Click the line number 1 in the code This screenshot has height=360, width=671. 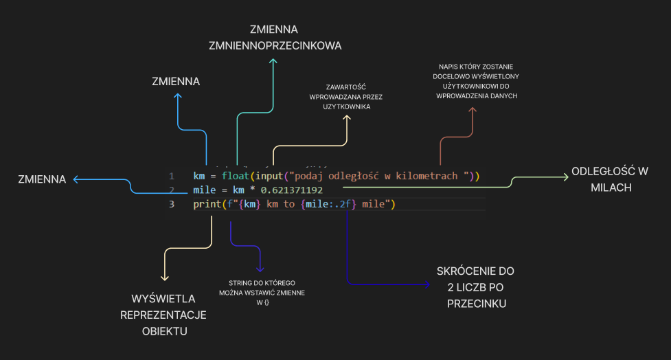tap(171, 177)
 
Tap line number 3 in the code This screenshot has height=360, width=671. tap(171, 204)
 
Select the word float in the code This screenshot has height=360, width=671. tap(236, 177)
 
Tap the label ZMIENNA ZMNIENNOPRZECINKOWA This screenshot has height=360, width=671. tap(274, 38)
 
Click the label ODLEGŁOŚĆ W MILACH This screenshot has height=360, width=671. tap(611, 179)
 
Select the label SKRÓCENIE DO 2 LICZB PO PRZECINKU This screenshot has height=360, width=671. tap(476, 286)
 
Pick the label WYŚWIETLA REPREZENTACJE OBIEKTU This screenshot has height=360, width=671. tap(163, 315)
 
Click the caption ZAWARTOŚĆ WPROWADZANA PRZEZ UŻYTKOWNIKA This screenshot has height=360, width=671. tap(347, 97)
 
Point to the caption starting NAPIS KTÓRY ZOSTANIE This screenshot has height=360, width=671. tap(476, 81)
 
